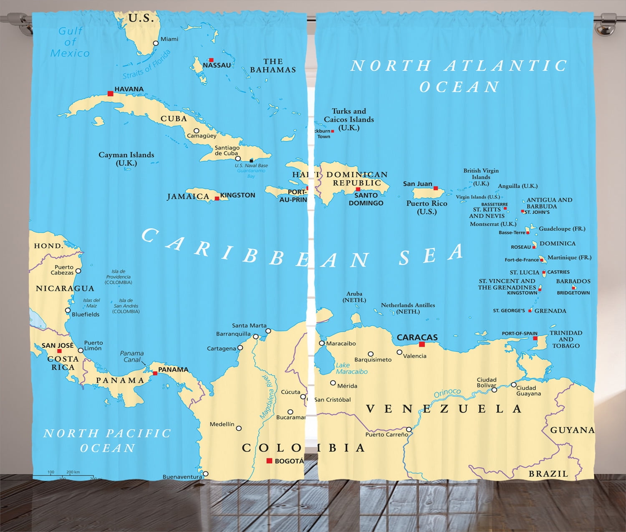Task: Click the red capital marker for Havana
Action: pos(110,94)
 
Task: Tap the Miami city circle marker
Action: pos(156,43)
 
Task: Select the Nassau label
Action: pos(217,65)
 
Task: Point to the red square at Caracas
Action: pos(422,344)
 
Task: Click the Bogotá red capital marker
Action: pos(269,461)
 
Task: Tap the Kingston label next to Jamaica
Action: pos(237,195)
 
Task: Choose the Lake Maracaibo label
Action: pos(351,368)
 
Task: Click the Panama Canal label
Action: pos(132,356)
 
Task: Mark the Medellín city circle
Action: pos(239,428)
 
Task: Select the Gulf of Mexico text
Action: pos(70,42)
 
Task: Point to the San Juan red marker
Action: pos(436,188)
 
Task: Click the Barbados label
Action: pos(573,281)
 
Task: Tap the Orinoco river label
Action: pos(447,393)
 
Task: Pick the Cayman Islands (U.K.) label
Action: pos(126,159)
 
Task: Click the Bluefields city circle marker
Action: pos(68,310)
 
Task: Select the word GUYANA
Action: pos(572,430)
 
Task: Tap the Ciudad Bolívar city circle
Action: pos(494,390)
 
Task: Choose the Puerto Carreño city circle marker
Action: pos(409,429)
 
